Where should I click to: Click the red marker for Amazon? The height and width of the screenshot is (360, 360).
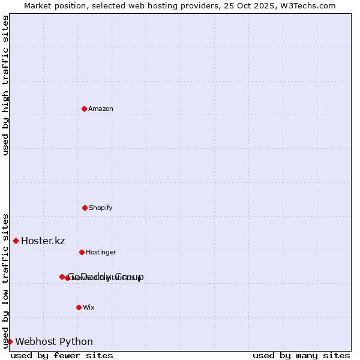(84, 109)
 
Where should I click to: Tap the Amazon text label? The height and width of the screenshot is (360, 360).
(101, 109)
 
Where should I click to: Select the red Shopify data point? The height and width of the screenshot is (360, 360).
(85, 208)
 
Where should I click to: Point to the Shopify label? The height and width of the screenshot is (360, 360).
(101, 208)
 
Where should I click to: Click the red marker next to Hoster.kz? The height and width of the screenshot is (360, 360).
(16, 241)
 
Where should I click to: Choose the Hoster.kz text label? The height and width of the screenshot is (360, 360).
(43, 241)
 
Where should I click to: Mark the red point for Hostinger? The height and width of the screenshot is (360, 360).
(82, 252)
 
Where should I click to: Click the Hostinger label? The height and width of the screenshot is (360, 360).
(101, 253)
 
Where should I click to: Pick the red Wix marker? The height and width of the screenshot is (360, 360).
(79, 307)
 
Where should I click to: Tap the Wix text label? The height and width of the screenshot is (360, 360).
(89, 308)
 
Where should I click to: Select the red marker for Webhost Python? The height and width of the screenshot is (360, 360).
(10, 341)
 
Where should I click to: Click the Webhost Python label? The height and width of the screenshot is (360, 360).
(54, 342)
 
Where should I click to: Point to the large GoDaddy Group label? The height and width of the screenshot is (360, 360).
(106, 277)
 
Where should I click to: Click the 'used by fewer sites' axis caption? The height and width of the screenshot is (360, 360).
(62, 355)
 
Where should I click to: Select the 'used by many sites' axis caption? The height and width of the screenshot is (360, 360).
(301, 355)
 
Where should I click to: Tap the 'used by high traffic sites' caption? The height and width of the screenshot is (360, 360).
(5, 85)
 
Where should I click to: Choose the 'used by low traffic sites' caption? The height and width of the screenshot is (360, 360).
(5, 280)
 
